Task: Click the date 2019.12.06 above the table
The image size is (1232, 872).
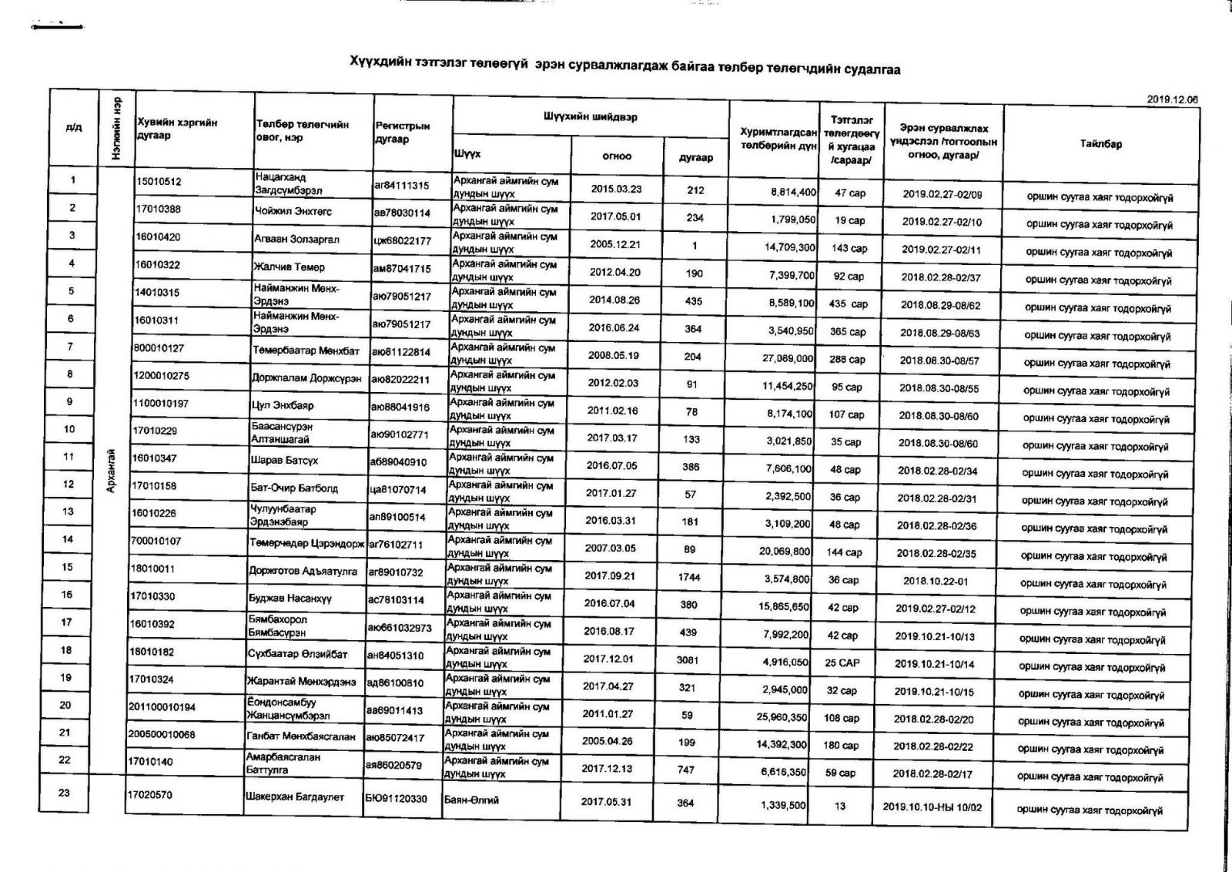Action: pos(1172,99)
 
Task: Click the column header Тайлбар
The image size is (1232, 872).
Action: pos(1100,144)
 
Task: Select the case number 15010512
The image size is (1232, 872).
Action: pos(159,182)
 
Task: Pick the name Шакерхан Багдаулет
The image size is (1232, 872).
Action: pos(296,797)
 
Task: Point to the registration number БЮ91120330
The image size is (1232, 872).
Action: pos(396,799)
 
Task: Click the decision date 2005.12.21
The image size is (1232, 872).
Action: pos(615,245)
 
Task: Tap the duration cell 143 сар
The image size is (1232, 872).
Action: pos(849,249)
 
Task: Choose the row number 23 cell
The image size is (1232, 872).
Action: pos(65,793)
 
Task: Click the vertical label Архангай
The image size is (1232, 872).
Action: pos(112,471)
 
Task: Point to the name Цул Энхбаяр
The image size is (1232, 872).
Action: pos(283,405)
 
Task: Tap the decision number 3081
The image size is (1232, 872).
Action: pos(688,660)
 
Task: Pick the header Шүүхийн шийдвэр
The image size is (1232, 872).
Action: pos(590,117)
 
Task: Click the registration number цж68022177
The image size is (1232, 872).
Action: pos(403,241)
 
